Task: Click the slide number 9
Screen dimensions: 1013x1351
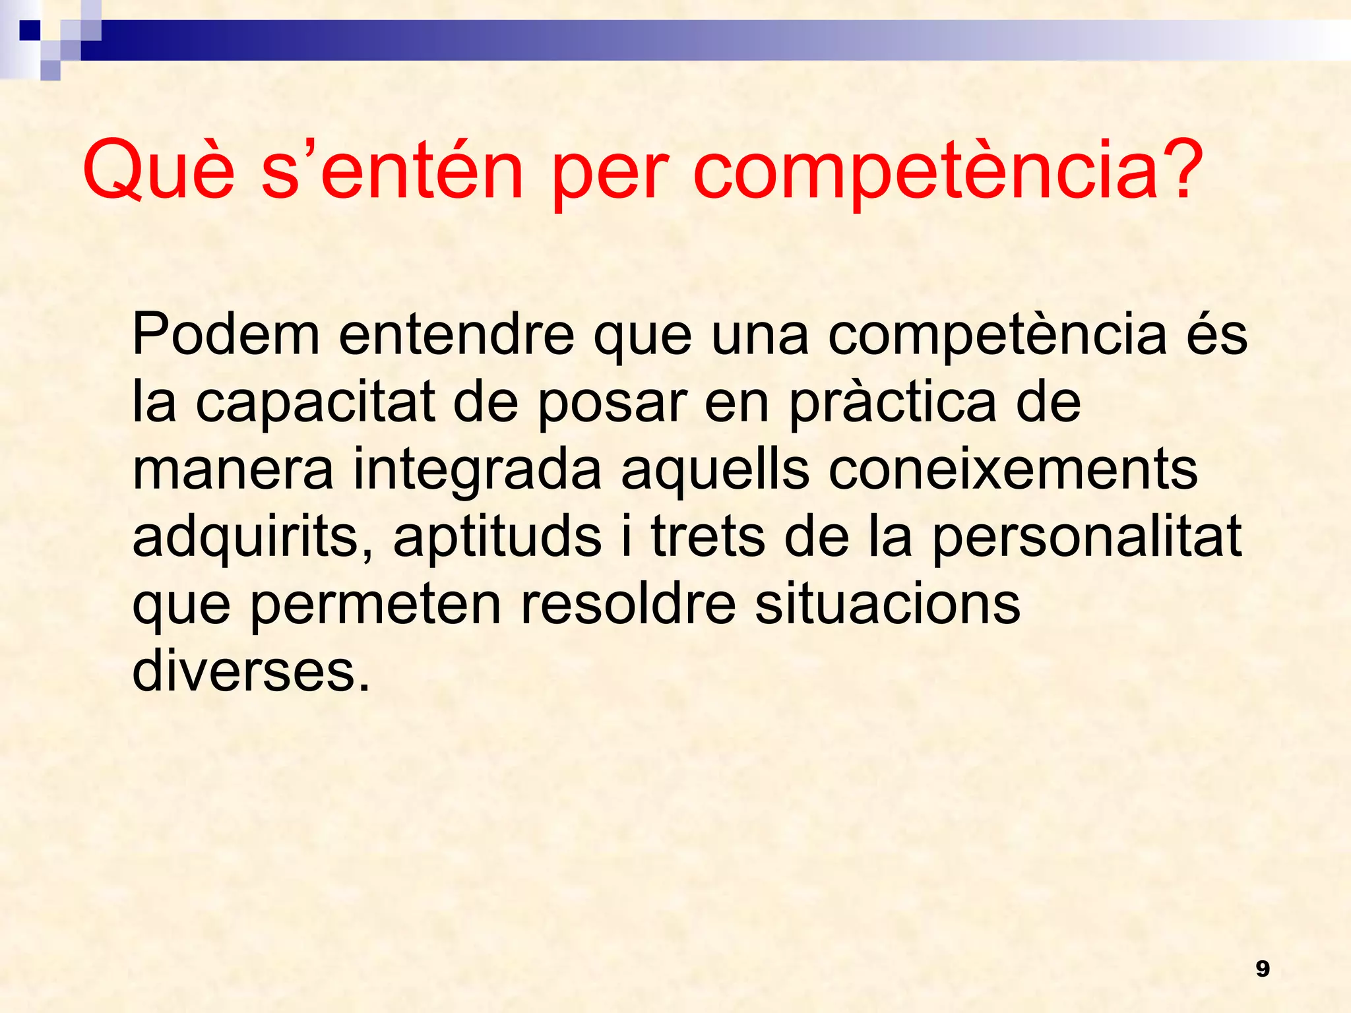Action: coord(1263,969)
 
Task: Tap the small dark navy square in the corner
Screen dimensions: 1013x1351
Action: coord(30,30)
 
